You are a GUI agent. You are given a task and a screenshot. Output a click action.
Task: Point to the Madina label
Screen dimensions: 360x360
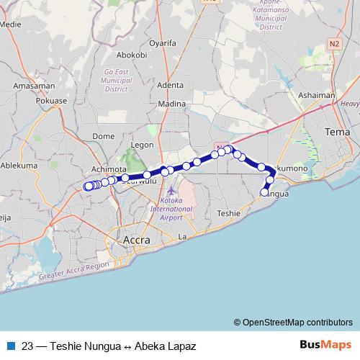(x=172, y=104)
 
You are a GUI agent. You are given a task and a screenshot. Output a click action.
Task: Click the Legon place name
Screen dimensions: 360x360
(x=143, y=145)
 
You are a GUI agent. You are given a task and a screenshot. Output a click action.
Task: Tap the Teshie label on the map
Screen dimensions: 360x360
(x=228, y=213)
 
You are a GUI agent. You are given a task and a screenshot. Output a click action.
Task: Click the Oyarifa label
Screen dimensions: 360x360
(x=162, y=42)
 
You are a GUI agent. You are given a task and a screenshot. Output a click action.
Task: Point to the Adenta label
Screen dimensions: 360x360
(x=170, y=85)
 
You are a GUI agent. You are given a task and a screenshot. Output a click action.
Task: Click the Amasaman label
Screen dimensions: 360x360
(x=33, y=85)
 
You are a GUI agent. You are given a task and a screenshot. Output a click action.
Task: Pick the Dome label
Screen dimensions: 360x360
(x=104, y=135)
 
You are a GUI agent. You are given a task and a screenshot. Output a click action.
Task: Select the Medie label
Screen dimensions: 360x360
(x=11, y=23)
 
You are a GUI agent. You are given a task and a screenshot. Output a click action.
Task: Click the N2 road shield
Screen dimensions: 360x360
(x=333, y=44)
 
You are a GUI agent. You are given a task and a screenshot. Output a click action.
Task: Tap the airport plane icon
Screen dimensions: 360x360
(x=171, y=192)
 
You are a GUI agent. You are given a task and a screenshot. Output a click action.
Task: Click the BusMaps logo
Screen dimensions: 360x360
(x=325, y=345)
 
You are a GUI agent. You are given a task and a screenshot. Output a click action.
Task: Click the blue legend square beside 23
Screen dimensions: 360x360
(x=11, y=346)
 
